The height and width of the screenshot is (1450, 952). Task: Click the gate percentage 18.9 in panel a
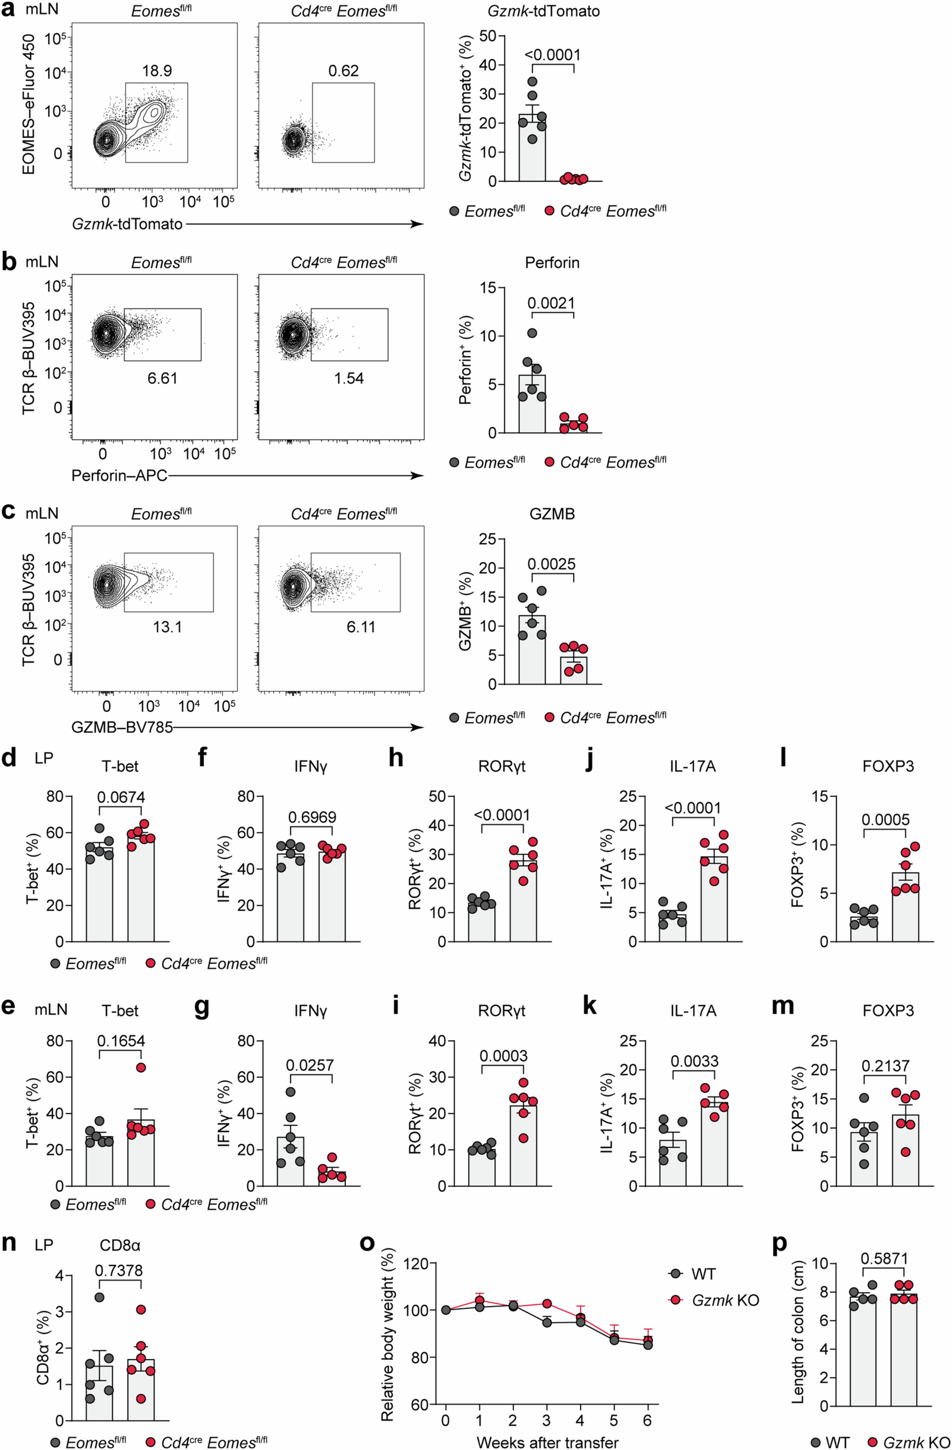point(157,71)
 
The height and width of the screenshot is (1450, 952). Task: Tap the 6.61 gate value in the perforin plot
point(162,378)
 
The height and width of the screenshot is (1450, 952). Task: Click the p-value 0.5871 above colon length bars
point(884,1258)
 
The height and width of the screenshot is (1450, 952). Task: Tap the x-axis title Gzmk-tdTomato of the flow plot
point(127,224)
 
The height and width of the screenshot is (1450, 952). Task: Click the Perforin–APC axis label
point(119,475)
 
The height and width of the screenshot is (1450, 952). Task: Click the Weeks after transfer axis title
point(547,1442)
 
